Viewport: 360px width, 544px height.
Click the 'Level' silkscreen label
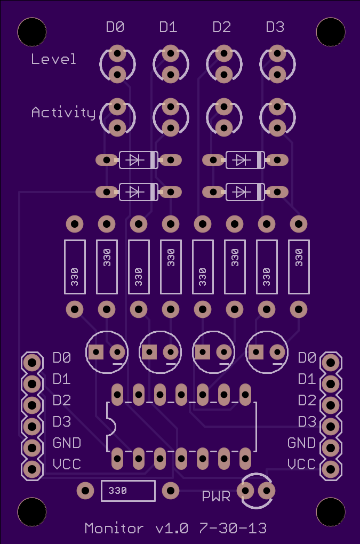coord(53,59)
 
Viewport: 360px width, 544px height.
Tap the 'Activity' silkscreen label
coord(63,113)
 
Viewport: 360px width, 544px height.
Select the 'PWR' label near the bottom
coord(216,497)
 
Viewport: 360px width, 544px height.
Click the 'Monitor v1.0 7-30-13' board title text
coord(175,529)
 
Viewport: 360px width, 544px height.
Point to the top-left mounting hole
coord(31,32)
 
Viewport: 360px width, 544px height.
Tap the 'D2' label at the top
coord(221,27)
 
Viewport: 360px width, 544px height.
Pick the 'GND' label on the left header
coord(67,443)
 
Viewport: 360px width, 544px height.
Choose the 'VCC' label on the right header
coord(301,464)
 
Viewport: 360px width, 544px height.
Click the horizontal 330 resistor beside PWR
coord(128,491)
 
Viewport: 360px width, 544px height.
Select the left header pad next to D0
coord(32,363)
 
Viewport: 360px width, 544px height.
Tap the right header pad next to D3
coord(330,426)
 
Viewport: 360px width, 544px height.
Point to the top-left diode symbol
coord(138,159)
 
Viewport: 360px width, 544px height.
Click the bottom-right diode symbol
coord(245,191)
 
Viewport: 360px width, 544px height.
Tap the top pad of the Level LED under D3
coord(277,53)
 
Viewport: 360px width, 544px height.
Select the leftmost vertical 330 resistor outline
coord(75,266)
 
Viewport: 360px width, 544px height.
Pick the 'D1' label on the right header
coord(307,379)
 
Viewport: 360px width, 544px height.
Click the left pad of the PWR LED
coord(246,490)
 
